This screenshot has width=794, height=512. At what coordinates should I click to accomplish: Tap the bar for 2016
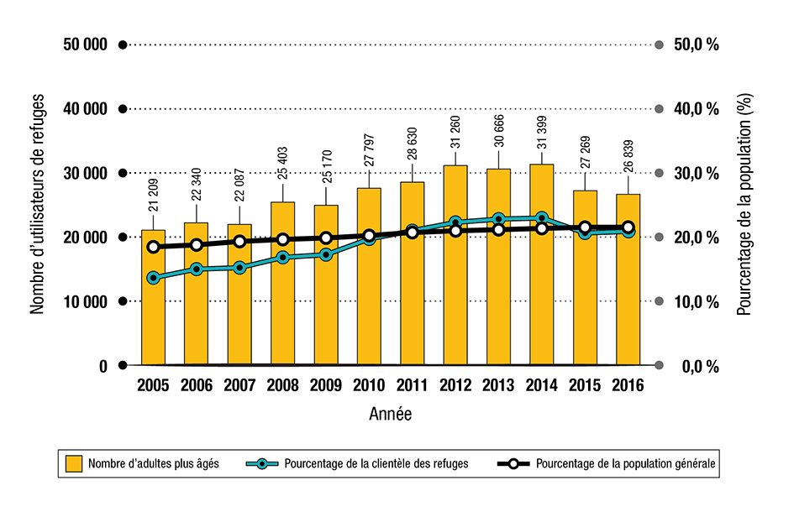click(x=628, y=302)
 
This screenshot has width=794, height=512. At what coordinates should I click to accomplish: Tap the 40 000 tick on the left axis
click(x=85, y=109)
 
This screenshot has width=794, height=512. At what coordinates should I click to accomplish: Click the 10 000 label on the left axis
click(x=85, y=302)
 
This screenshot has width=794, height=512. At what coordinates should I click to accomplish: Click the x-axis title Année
click(x=391, y=414)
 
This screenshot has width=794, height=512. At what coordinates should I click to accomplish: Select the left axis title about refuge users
click(x=38, y=206)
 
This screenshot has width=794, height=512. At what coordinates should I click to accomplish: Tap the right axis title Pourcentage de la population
click(x=744, y=206)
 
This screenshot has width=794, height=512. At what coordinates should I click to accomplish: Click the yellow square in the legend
click(x=74, y=463)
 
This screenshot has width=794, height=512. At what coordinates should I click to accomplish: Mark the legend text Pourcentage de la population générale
click(x=625, y=463)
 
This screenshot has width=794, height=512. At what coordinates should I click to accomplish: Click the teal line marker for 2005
click(x=153, y=278)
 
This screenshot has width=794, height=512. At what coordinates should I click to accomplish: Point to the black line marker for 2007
click(x=239, y=242)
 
